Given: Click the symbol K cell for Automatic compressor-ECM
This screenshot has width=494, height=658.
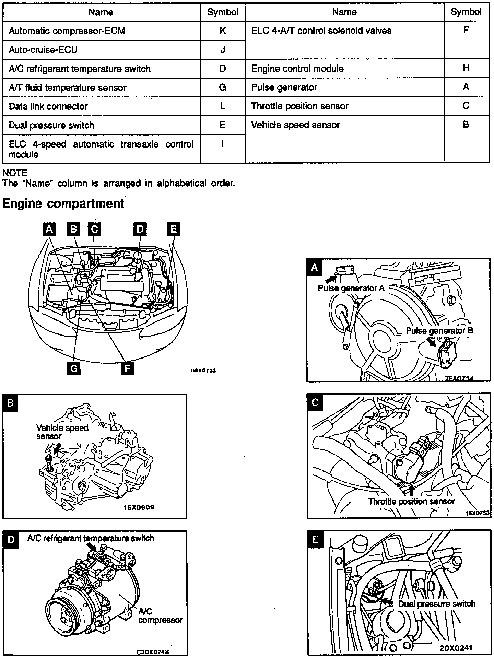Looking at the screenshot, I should pyautogui.click(x=223, y=31).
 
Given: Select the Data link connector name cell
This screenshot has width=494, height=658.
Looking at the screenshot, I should pyautogui.click(x=48, y=106).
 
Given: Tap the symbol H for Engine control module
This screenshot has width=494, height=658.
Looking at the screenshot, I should pyautogui.click(x=466, y=68).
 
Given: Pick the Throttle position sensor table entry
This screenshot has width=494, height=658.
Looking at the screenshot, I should pyautogui.click(x=299, y=106).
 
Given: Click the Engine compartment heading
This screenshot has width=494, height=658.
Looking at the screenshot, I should pyautogui.click(x=63, y=203).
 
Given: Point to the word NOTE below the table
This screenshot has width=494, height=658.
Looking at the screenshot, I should pyautogui.click(x=15, y=173).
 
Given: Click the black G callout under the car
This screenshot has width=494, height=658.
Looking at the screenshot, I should pyautogui.click(x=74, y=369).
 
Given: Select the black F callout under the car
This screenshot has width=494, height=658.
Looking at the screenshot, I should pyautogui.click(x=127, y=369).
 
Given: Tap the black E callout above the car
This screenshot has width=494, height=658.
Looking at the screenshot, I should pyautogui.click(x=173, y=229).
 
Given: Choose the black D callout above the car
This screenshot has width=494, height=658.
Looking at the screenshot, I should pyautogui.click(x=140, y=229).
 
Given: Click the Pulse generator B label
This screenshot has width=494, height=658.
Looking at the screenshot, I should pyautogui.click(x=439, y=331).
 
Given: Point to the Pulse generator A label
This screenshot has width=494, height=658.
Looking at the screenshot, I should pyautogui.click(x=351, y=288).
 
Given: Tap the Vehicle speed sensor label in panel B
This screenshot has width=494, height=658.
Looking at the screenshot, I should pyautogui.click(x=62, y=432).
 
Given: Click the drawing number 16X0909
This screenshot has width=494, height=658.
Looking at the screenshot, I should pyautogui.click(x=139, y=507).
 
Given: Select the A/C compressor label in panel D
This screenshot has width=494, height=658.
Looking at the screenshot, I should pyautogui.click(x=160, y=616).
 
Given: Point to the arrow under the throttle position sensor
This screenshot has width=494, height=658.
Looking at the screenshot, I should pyautogui.click(x=412, y=490).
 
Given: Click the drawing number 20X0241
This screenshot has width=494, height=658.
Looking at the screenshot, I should pyautogui.click(x=456, y=648).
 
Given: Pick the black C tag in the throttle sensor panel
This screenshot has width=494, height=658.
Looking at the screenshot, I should pyautogui.click(x=315, y=402).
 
